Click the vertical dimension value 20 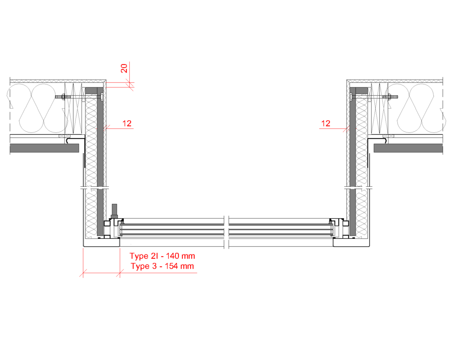(x=124, y=68)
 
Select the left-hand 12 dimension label (x=127, y=124)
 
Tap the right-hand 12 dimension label (x=326, y=124)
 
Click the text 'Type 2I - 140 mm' (x=162, y=256)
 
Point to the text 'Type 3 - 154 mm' (x=163, y=266)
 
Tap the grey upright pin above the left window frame (x=114, y=211)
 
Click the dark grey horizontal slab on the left (x=44, y=148)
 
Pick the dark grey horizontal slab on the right (x=408, y=148)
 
